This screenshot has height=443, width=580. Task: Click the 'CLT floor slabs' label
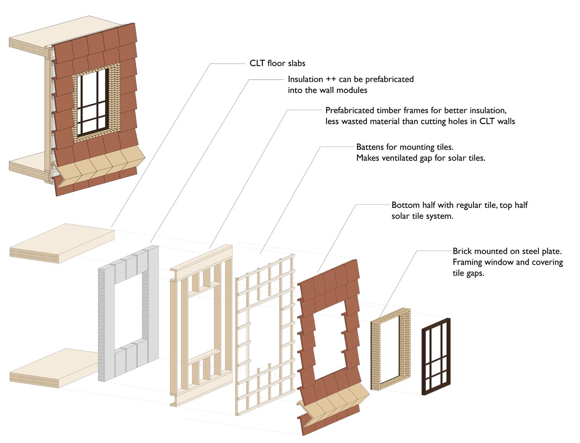point(277,63)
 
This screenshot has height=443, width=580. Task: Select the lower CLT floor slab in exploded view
point(53,368)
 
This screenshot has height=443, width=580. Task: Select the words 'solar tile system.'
point(422,216)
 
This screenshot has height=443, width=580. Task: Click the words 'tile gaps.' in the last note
point(468,273)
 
